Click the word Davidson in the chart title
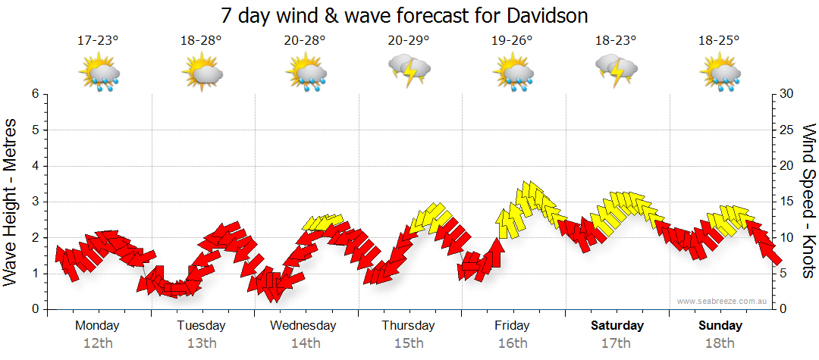tap(542, 15)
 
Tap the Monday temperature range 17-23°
tap(98, 41)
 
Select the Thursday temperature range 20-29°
tap(409, 41)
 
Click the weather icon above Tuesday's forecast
tap(202, 73)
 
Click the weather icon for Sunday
tap(720, 73)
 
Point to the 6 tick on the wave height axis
tap(35, 94)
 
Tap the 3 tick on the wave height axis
tap(35, 202)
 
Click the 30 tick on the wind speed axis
tap(786, 94)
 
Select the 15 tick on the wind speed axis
tap(786, 202)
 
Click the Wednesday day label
tap(303, 326)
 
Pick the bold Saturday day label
tap(617, 326)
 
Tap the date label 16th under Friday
tap(513, 343)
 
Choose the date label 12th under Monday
tap(97, 343)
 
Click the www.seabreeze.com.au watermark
tap(723, 302)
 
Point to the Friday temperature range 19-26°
tap(513, 41)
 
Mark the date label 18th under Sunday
tap(720, 343)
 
